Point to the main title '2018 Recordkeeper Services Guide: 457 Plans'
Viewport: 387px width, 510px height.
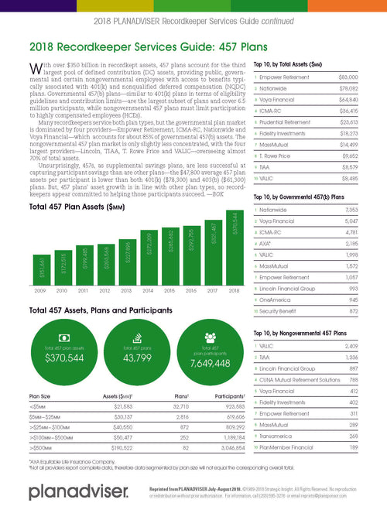[135, 46]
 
